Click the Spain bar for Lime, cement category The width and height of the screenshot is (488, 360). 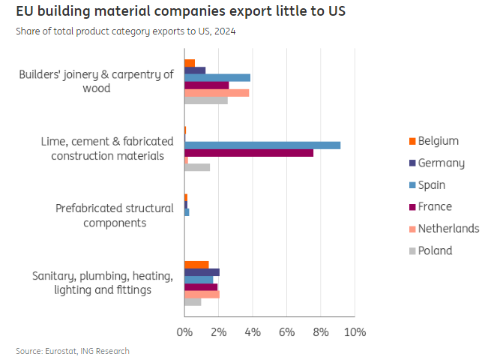(262, 145)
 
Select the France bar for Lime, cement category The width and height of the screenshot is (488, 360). (249, 152)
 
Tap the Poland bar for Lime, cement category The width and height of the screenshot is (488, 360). (197, 167)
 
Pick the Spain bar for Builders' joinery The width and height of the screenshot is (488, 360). (217, 77)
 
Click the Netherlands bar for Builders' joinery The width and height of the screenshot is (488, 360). (217, 92)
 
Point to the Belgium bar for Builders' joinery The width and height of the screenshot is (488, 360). (190, 63)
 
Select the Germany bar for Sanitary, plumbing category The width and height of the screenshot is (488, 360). (202, 272)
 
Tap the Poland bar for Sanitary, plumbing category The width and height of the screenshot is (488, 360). (193, 301)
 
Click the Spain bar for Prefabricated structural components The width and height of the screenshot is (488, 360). (187, 212)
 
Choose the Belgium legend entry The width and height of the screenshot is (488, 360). (438, 141)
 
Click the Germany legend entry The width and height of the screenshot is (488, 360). (441, 163)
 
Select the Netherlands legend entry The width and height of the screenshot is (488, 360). (448, 229)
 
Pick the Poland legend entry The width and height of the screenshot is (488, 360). (435, 250)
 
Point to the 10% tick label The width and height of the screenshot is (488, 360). (355, 331)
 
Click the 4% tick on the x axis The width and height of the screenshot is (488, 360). (253, 331)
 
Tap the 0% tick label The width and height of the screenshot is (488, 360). (184, 331)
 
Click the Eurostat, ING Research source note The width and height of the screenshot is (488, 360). (73, 351)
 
